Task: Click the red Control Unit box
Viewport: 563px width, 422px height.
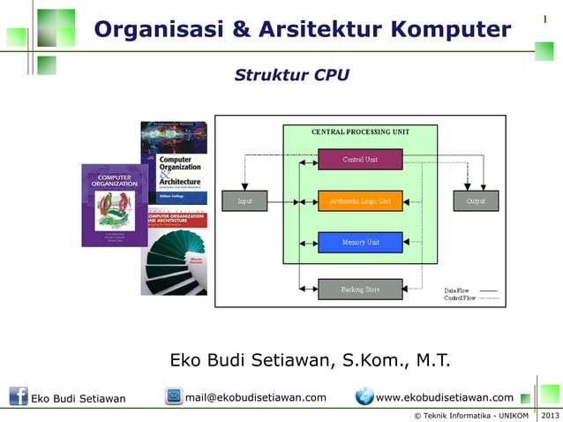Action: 359,159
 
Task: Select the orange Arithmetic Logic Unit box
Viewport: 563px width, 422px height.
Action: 359,201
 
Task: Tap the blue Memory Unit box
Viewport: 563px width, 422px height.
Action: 359,242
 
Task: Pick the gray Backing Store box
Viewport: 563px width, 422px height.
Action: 359,289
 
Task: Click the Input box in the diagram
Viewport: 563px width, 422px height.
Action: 244,201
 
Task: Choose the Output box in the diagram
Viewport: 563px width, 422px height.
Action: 476,201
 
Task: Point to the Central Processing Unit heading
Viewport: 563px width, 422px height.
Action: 359,132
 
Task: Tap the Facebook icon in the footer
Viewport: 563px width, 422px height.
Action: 18,396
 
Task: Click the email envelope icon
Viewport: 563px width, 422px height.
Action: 174,396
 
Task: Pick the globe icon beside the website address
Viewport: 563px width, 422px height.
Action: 364,396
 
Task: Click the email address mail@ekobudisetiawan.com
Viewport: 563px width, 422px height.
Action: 256,397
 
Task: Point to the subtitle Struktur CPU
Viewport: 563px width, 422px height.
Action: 291,75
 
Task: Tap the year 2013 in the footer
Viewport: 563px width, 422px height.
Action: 549,415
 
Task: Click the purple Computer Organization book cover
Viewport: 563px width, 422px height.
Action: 114,205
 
